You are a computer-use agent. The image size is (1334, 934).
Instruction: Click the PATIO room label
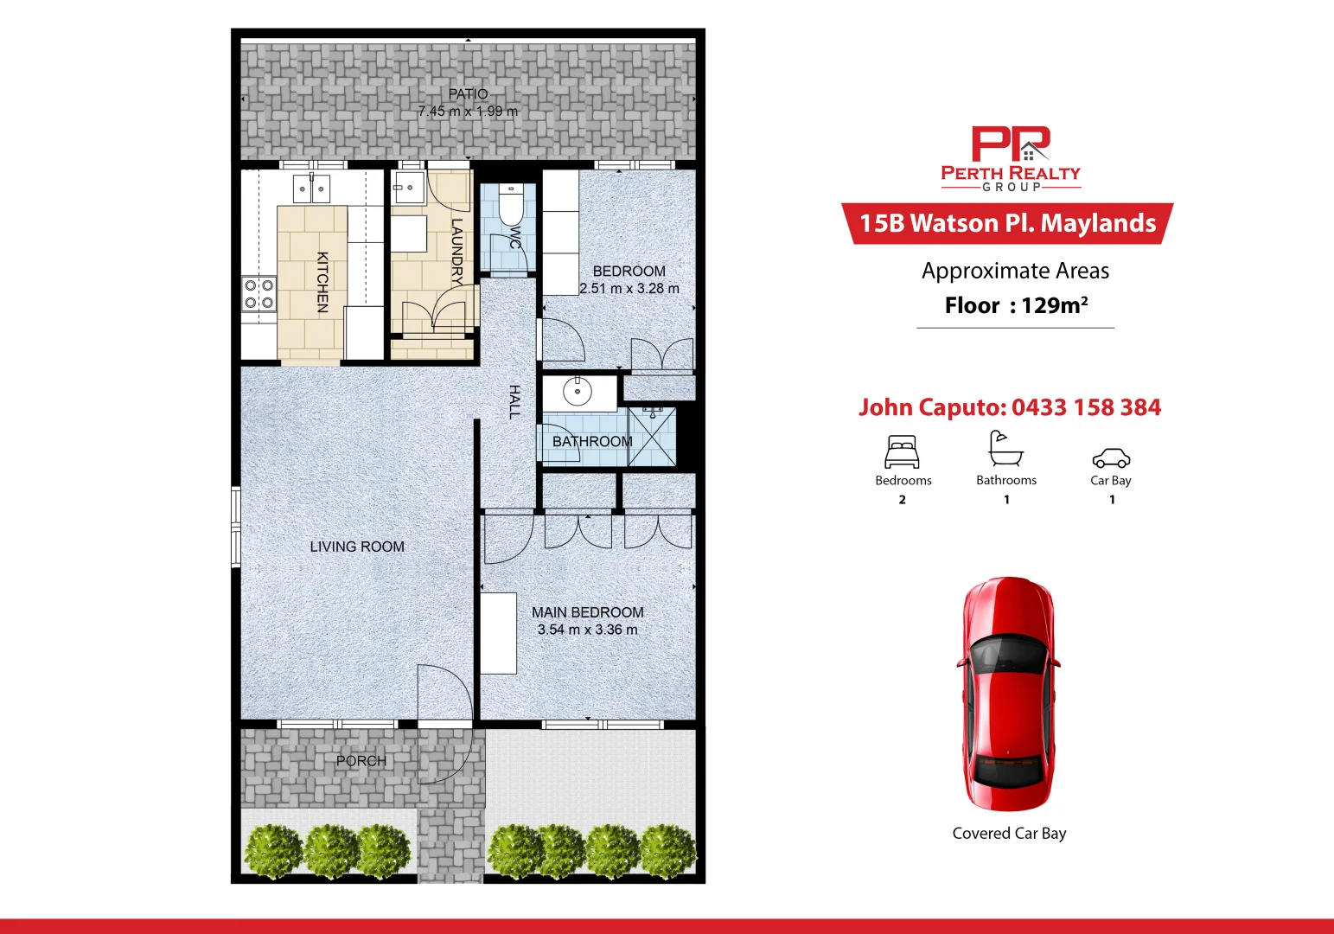point(468,93)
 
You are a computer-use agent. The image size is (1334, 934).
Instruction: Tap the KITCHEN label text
point(322,282)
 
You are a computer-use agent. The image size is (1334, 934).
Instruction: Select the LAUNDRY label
point(456,252)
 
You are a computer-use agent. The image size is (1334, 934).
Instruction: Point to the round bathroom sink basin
point(578,392)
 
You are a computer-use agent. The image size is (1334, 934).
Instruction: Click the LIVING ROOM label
point(357,547)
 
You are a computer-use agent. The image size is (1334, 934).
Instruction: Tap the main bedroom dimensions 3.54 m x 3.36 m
point(588,630)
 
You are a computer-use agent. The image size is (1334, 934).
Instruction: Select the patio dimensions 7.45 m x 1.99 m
point(468,112)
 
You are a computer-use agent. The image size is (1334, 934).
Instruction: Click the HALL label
point(514,402)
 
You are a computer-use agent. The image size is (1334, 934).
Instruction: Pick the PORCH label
point(361,761)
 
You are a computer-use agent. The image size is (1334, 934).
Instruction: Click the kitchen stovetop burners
point(258,293)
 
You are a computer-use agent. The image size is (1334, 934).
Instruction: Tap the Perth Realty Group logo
point(1011,158)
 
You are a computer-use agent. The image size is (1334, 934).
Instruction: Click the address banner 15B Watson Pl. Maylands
point(1007,223)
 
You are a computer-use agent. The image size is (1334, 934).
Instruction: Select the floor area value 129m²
point(1054,305)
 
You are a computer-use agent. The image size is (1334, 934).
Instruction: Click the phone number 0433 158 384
point(1086,407)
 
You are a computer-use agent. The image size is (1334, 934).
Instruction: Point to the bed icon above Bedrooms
point(902,451)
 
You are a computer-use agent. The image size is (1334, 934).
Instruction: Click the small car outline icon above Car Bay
point(1111,457)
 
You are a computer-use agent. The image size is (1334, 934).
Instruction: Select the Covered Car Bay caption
point(1009,833)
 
